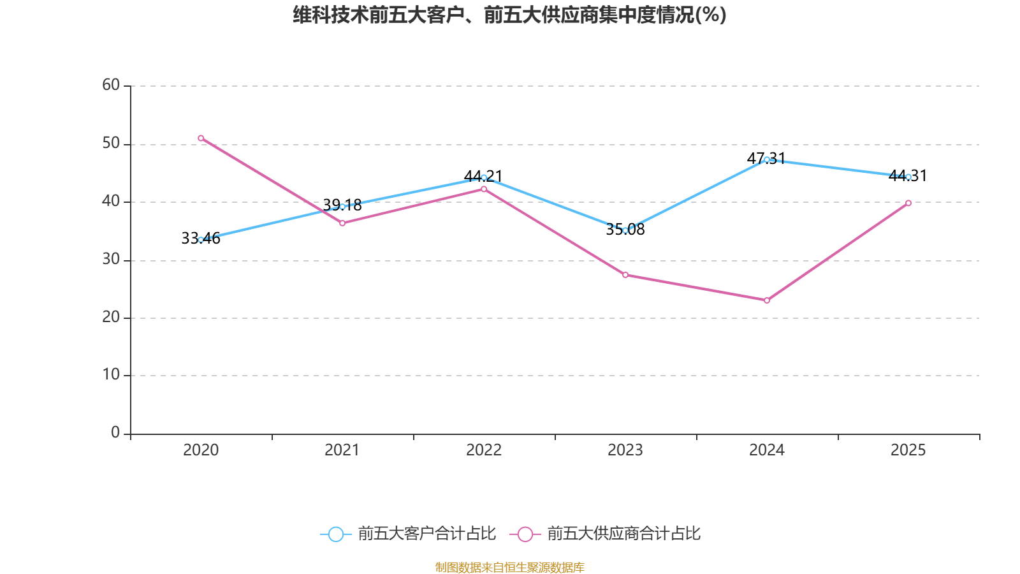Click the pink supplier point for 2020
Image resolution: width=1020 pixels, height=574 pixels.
(201, 138)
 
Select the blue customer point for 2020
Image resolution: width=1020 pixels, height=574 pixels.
(201, 240)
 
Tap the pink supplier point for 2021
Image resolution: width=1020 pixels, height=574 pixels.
(342, 223)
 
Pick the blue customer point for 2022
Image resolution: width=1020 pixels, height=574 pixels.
(484, 177)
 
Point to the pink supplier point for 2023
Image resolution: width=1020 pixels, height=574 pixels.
(625, 275)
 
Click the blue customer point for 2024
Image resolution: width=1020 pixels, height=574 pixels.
(767, 159)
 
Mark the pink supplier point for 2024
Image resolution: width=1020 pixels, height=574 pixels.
(767, 300)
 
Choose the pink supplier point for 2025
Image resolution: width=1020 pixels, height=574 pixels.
(908, 203)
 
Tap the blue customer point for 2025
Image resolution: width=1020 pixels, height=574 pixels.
(908, 177)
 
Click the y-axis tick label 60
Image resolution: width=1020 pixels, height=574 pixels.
(111, 85)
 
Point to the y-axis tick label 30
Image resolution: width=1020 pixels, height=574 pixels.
(111, 259)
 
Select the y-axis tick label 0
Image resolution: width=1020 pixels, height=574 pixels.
(115, 432)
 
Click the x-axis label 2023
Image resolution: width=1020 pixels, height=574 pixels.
(625, 450)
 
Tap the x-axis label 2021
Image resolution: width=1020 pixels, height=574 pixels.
(342, 450)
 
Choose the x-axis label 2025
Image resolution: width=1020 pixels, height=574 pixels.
(908, 450)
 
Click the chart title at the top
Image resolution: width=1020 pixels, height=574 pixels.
(509, 15)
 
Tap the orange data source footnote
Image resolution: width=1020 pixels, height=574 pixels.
(509, 567)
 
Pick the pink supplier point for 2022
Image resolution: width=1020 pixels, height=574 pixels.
(484, 189)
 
